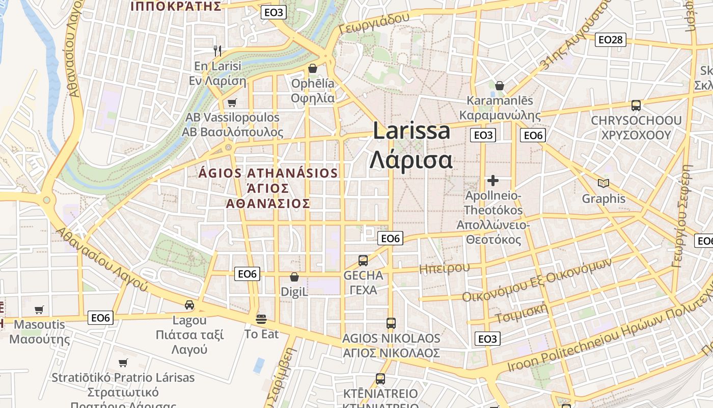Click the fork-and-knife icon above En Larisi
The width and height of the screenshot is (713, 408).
tap(218, 50)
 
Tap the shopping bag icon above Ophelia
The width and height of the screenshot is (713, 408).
tap(313, 68)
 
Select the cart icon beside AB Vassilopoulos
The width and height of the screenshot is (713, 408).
tap(232, 103)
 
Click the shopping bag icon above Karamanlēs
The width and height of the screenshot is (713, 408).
tap(500, 85)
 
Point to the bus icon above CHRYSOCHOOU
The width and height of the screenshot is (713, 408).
tap(636, 106)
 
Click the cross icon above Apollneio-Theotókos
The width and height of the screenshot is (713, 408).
tap(492, 180)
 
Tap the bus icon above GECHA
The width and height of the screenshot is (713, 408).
tap(363, 261)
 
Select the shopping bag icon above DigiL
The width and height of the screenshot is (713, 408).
tap(294, 277)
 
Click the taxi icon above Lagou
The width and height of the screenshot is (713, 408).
tap(189, 305)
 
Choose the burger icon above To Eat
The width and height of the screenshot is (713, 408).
tap(262, 319)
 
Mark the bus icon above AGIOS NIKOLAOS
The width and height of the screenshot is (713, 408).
tap(391, 323)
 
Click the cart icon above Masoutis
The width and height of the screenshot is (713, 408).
tap(39, 310)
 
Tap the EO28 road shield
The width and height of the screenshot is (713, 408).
tap(611, 40)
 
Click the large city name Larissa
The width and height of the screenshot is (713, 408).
tap(412, 131)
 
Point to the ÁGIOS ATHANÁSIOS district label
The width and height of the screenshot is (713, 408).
tap(268, 173)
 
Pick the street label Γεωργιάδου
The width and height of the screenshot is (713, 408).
tap(374, 23)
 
